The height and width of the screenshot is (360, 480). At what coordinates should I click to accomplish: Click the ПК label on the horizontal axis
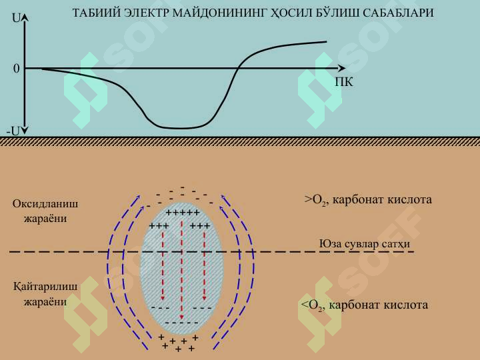pos(344,82)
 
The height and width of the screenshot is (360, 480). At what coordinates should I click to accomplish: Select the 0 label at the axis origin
pos(16,69)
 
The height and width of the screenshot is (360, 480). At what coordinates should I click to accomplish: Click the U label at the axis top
pos(16,19)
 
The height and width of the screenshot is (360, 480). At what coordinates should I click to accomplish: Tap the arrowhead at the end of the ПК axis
pos(341,68)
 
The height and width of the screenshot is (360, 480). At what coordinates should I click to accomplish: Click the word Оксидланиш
pos(45,204)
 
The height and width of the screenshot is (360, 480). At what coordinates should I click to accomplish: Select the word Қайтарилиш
pos(45,287)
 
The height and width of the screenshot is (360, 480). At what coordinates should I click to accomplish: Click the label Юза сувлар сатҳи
pos(365,244)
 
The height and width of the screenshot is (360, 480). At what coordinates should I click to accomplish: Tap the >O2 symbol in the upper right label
pos(315,200)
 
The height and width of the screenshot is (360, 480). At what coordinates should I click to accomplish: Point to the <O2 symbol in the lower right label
pos(311,305)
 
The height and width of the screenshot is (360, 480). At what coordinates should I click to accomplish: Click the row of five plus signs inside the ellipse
pos(183,212)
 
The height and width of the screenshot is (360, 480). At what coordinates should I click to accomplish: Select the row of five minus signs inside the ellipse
pos(182,323)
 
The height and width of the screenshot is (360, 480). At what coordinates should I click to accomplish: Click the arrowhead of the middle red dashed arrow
pos(182,317)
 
